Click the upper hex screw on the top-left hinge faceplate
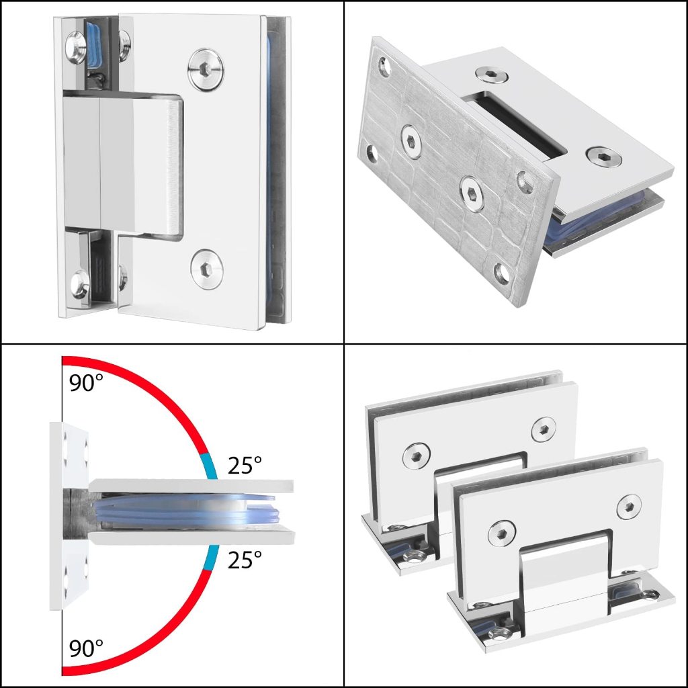[x=206, y=69]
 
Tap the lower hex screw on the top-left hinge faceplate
[x=207, y=269]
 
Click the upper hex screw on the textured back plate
[x=412, y=141]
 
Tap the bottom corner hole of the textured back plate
[x=503, y=273]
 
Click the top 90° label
[x=86, y=382]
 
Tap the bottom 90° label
[x=86, y=648]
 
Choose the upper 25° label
[x=245, y=465]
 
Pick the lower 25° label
[x=245, y=560]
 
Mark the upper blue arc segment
[x=210, y=466]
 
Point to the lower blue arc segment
[x=210, y=557]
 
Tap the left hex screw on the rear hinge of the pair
[x=416, y=455]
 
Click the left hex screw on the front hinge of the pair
[x=502, y=533]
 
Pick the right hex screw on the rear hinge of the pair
[x=543, y=429]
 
